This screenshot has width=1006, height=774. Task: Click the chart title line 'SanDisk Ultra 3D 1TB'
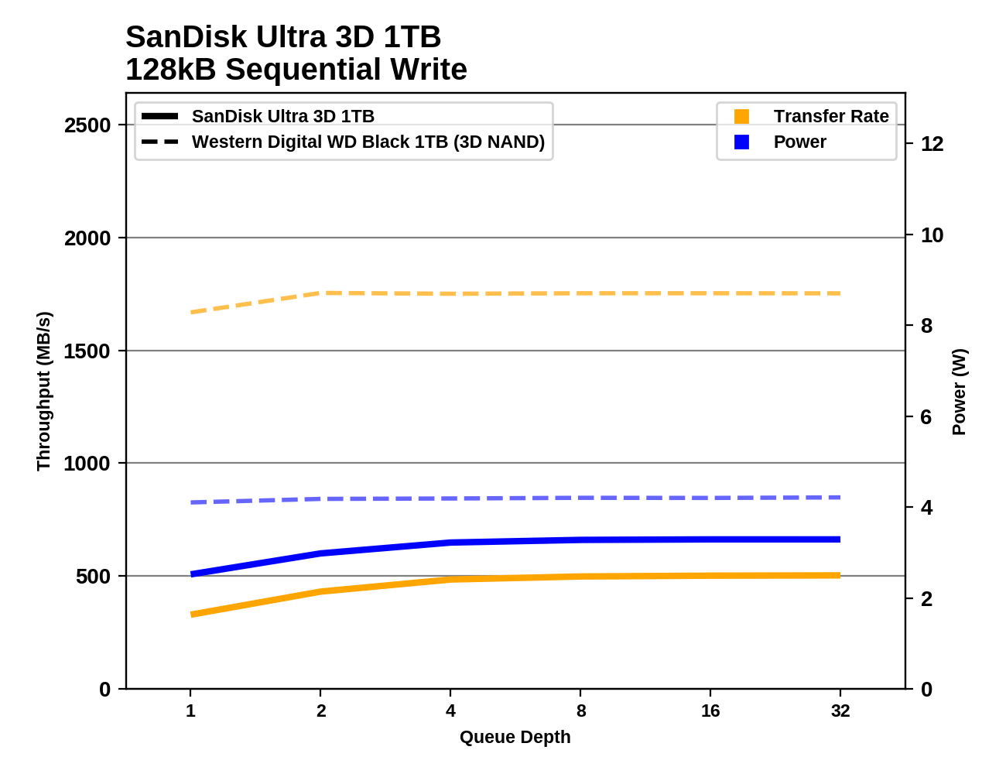pos(283,37)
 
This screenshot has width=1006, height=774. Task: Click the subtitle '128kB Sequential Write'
pos(296,70)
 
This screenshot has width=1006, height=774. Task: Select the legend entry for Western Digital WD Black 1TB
pos(368,142)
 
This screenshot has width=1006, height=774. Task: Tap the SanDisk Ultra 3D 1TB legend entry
pos(282,116)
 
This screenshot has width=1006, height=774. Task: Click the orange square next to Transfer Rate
pos(741,116)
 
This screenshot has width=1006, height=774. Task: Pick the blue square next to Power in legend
pos(741,142)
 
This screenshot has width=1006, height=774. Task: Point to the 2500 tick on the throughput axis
pos(87,125)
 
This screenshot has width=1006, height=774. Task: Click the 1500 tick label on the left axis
pos(87,351)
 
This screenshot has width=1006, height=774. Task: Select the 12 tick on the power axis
pos(932,144)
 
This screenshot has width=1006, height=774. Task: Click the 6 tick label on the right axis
pos(926,417)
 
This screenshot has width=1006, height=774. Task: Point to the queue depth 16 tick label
pos(710,711)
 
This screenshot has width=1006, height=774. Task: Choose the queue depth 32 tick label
pos(840,711)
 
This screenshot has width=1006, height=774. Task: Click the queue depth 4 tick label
pos(450,711)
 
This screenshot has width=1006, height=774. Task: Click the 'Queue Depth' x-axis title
pos(515,737)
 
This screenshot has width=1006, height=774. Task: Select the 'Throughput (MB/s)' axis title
pos(43,391)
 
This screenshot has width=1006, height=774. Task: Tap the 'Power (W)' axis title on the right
pos(959,392)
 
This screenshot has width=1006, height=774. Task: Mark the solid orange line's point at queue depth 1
pos(191,615)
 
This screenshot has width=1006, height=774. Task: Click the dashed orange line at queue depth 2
pos(320,293)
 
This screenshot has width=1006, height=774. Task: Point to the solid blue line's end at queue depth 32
pos(840,539)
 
